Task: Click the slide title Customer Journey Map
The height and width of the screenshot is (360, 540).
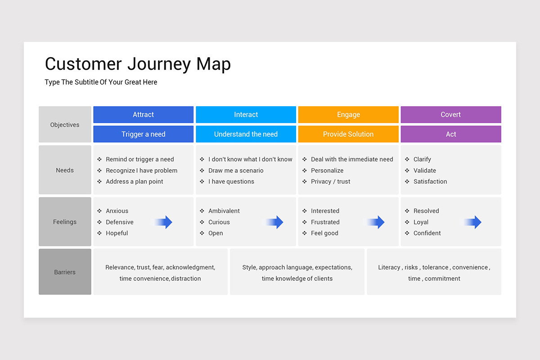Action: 138,64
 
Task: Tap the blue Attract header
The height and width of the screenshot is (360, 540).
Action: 143,115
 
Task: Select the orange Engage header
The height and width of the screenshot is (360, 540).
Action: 348,115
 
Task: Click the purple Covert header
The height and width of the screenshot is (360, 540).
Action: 450,115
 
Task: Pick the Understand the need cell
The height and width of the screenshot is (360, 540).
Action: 246,134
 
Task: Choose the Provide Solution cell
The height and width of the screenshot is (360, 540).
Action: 348,134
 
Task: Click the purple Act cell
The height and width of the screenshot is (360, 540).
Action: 450,134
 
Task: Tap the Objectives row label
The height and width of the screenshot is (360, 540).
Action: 65,125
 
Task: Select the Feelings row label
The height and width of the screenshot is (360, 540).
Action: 65,222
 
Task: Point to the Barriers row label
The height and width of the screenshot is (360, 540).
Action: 65,272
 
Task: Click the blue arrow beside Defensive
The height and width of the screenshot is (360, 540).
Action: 164,222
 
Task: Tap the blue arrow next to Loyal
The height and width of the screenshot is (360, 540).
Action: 473,222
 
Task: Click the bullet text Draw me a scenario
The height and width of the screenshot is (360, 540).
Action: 236,171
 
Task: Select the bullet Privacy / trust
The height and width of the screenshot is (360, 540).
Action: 330,181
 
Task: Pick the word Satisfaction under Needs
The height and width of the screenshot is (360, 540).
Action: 430,181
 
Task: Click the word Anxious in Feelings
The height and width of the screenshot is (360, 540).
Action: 117,211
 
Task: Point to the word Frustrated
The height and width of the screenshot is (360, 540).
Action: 325,222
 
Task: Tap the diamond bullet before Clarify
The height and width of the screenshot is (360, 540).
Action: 407,159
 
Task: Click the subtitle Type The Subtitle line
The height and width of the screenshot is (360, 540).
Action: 101,82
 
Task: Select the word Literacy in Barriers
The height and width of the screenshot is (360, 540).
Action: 389,267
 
